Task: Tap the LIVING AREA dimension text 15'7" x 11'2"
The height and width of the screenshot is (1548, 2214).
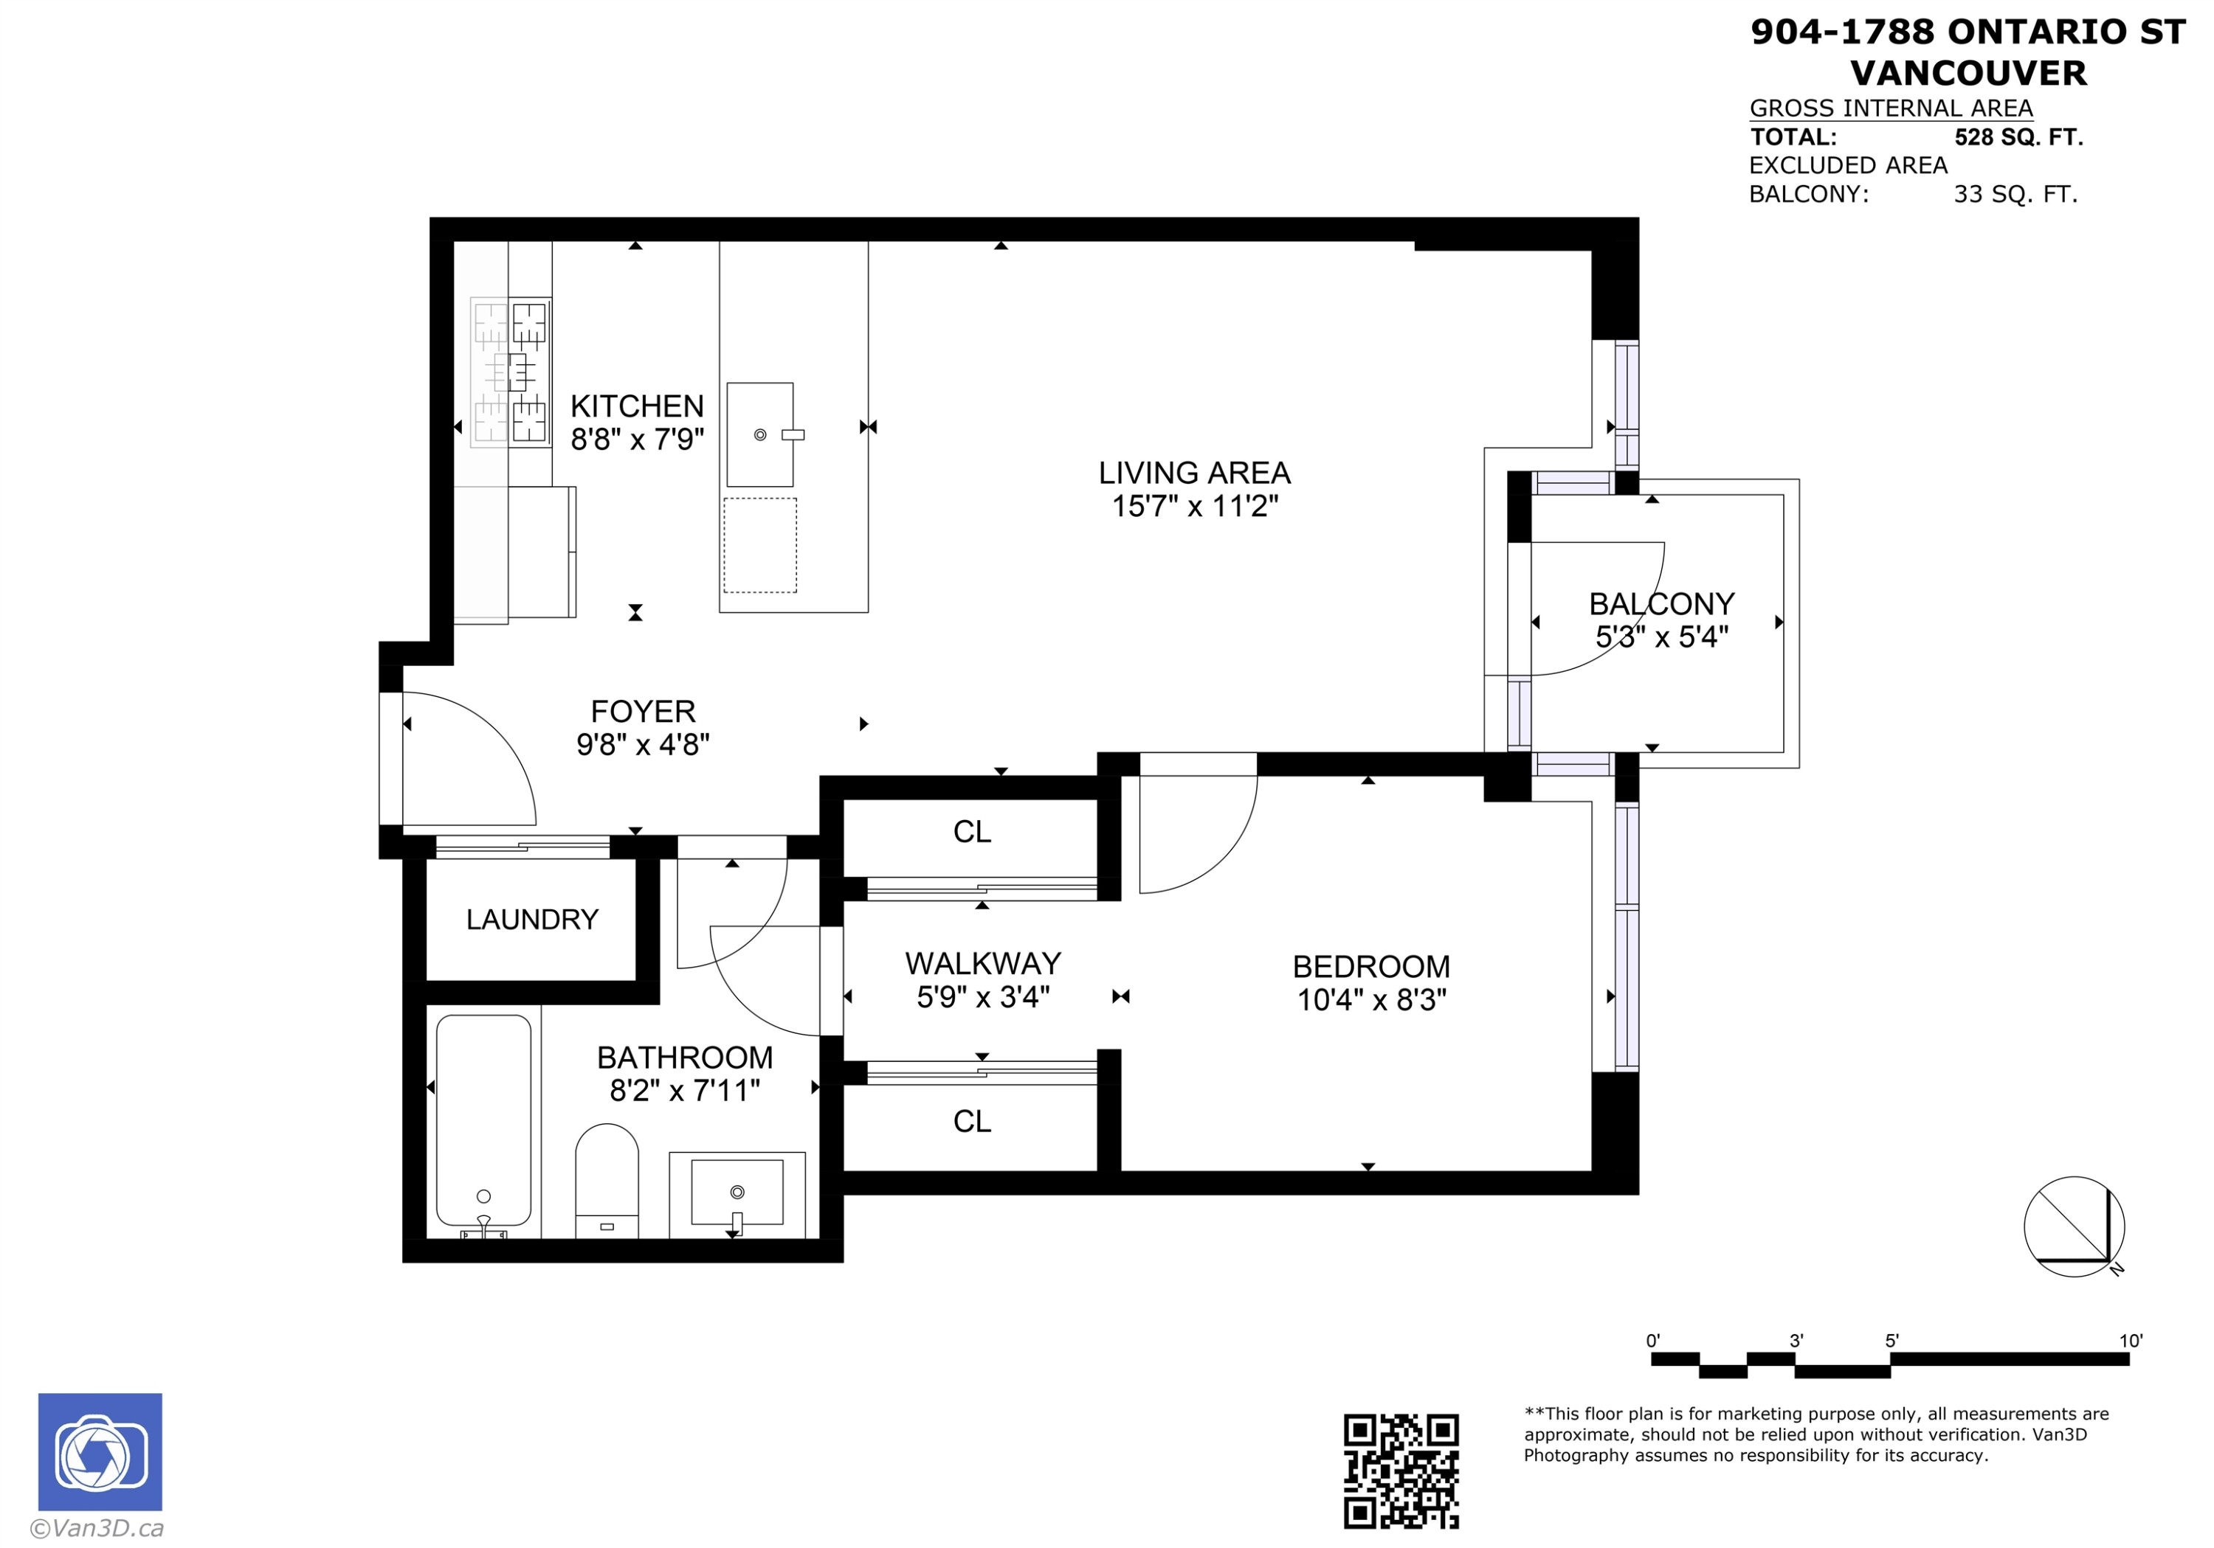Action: (x=1194, y=506)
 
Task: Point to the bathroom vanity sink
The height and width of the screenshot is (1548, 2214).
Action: (x=737, y=1193)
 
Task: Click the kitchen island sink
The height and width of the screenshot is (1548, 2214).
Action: (x=760, y=434)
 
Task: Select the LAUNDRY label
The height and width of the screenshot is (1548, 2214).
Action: (x=531, y=920)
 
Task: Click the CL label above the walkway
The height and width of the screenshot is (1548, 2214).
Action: (x=971, y=832)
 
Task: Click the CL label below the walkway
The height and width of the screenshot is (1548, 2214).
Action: (x=971, y=1121)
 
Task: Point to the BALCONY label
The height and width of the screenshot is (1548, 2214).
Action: (x=1660, y=604)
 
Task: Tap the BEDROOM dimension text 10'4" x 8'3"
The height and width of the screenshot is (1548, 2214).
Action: (x=1370, y=1001)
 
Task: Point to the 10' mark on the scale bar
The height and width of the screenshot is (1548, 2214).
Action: (x=2130, y=1342)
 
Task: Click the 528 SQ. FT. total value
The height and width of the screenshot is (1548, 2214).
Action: (x=2018, y=138)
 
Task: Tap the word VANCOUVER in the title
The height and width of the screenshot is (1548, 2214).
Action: (x=1968, y=73)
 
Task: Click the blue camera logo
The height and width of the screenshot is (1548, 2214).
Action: (x=100, y=1451)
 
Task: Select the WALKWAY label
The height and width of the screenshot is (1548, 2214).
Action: (x=982, y=964)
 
